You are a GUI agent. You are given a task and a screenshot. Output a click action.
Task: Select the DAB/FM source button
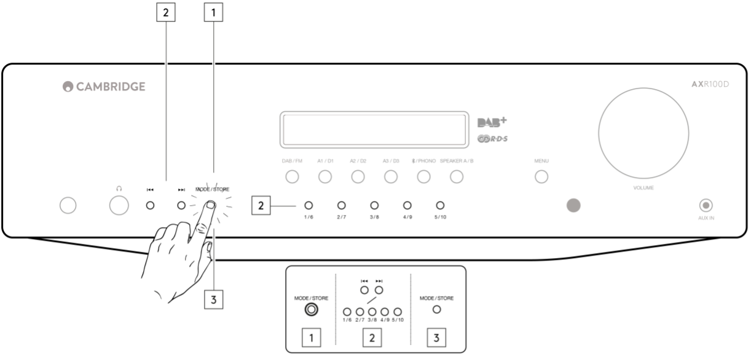click(292, 177)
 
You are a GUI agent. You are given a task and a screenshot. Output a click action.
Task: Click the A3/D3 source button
click(391, 177)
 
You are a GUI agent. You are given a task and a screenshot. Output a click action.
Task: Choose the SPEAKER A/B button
click(456, 177)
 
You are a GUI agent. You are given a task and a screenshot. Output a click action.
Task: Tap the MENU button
click(541, 177)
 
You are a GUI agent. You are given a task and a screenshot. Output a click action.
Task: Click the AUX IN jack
click(706, 205)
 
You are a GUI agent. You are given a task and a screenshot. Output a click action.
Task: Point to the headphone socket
click(119, 206)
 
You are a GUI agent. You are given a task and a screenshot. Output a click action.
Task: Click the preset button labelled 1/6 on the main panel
click(309, 205)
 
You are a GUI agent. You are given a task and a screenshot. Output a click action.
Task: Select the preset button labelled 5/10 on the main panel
click(440, 205)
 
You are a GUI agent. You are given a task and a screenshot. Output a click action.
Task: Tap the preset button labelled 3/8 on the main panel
click(374, 205)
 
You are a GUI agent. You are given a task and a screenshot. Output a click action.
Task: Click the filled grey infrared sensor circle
click(573, 206)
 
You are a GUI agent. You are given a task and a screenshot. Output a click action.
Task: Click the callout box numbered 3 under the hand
click(214, 299)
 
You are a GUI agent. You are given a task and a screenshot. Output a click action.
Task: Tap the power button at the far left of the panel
click(68, 206)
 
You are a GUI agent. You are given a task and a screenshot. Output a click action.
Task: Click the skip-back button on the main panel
click(149, 205)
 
